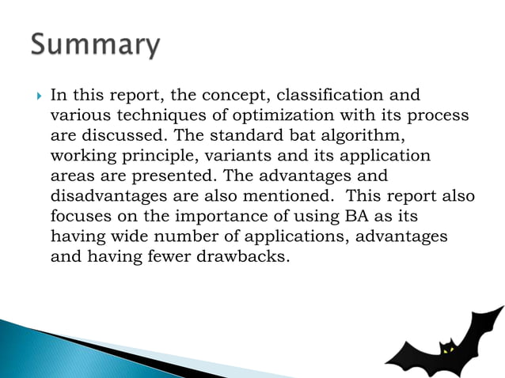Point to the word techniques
tap(146, 116)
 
